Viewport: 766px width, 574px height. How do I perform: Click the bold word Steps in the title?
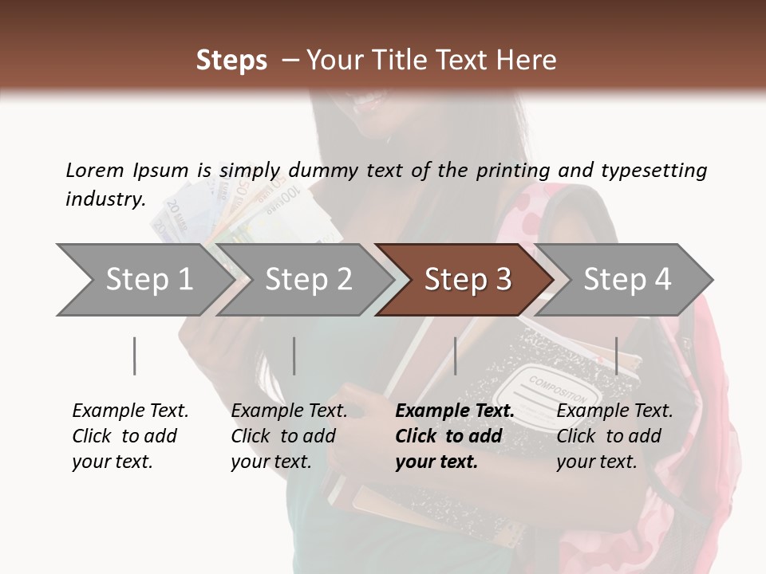[231, 61]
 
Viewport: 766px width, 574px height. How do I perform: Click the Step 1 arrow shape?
[144, 279]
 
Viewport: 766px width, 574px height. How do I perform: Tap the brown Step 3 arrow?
[467, 279]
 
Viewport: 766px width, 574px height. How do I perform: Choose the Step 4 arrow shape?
[626, 279]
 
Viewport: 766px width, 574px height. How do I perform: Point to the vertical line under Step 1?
[135, 356]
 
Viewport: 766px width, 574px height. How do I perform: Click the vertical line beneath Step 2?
[294, 356]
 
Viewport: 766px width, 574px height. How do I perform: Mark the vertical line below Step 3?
[456, 356]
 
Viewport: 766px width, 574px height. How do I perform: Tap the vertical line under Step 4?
[617, 356]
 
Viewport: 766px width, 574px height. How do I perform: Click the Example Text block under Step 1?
[130, 436]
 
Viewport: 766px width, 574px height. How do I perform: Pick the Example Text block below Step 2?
[289, 436]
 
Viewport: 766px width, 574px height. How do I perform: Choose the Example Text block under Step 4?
[614, 436]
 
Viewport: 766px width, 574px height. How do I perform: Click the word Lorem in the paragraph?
[95, 170]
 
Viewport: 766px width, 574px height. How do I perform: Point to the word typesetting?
[653, 171]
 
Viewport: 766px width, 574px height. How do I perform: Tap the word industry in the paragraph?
[105, 199]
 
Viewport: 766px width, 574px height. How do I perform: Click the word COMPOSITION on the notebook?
[558, 388]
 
